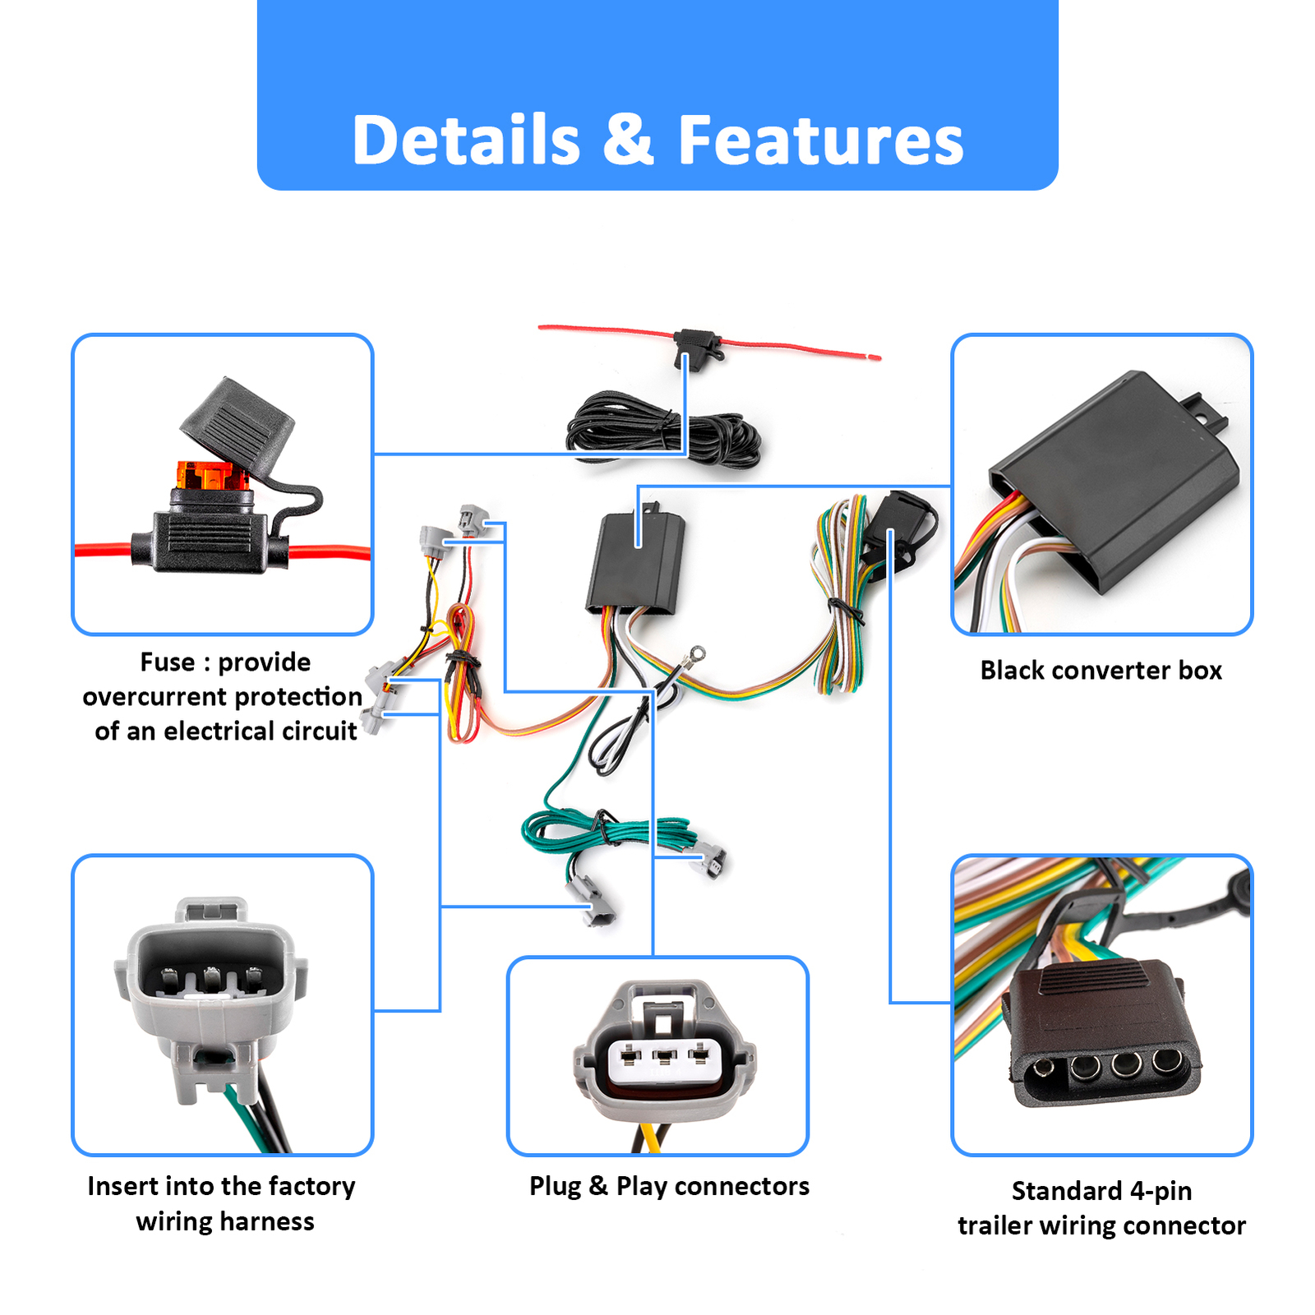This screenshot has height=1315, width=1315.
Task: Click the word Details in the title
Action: (465, 140)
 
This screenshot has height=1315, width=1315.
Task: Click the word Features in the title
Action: (819, 140)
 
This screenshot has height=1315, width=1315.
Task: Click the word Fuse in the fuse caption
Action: (168, 662)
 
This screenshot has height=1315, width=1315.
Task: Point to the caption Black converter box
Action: (1100, 671)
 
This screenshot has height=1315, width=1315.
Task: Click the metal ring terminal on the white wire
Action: (697, 655)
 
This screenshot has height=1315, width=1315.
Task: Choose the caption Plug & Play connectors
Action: (669, 1186)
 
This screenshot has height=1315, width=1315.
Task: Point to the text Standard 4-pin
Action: (1101, 1191)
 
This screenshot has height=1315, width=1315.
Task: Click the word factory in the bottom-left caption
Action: (311, 1186)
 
